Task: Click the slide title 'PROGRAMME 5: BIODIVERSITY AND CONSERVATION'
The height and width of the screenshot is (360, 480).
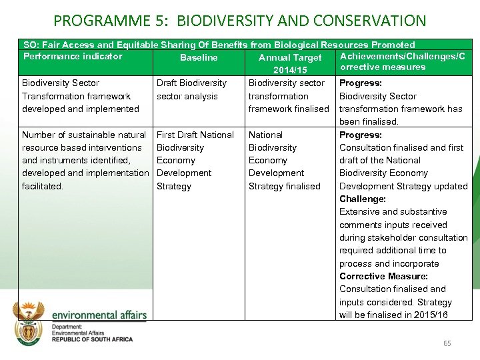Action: (x=239, y=21)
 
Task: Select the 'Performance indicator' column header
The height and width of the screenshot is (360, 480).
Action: (x=73, y=57)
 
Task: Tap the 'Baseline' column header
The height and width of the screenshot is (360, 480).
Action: (x=199, y=58)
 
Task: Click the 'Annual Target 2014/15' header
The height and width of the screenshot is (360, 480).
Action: (x=289, y=63)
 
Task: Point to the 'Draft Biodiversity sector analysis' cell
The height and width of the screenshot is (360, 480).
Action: (x=191, y=89)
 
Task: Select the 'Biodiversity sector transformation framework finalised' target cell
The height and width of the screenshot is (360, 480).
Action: (x=289, y=96)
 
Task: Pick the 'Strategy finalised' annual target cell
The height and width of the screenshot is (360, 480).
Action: (x=285, y=186)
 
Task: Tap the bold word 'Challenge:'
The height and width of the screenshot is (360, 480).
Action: (x=362, y=199)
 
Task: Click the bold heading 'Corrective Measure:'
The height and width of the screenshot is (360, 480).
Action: (x=383, y=276)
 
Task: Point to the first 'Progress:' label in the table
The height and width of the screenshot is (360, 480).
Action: (x=361, y=83)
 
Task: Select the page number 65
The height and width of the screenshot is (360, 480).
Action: (x=447, y=343)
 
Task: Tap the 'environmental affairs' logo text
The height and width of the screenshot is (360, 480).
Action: (x=99, y=315)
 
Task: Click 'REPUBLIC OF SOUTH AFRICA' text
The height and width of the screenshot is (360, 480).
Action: (x=92, y=339)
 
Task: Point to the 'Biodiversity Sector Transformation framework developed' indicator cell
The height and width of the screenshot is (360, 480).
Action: (x=81, y=96)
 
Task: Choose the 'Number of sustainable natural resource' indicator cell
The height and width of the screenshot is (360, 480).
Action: (x=84, y=160)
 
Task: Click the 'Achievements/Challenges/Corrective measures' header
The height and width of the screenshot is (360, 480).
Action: (x=402, y=61)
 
